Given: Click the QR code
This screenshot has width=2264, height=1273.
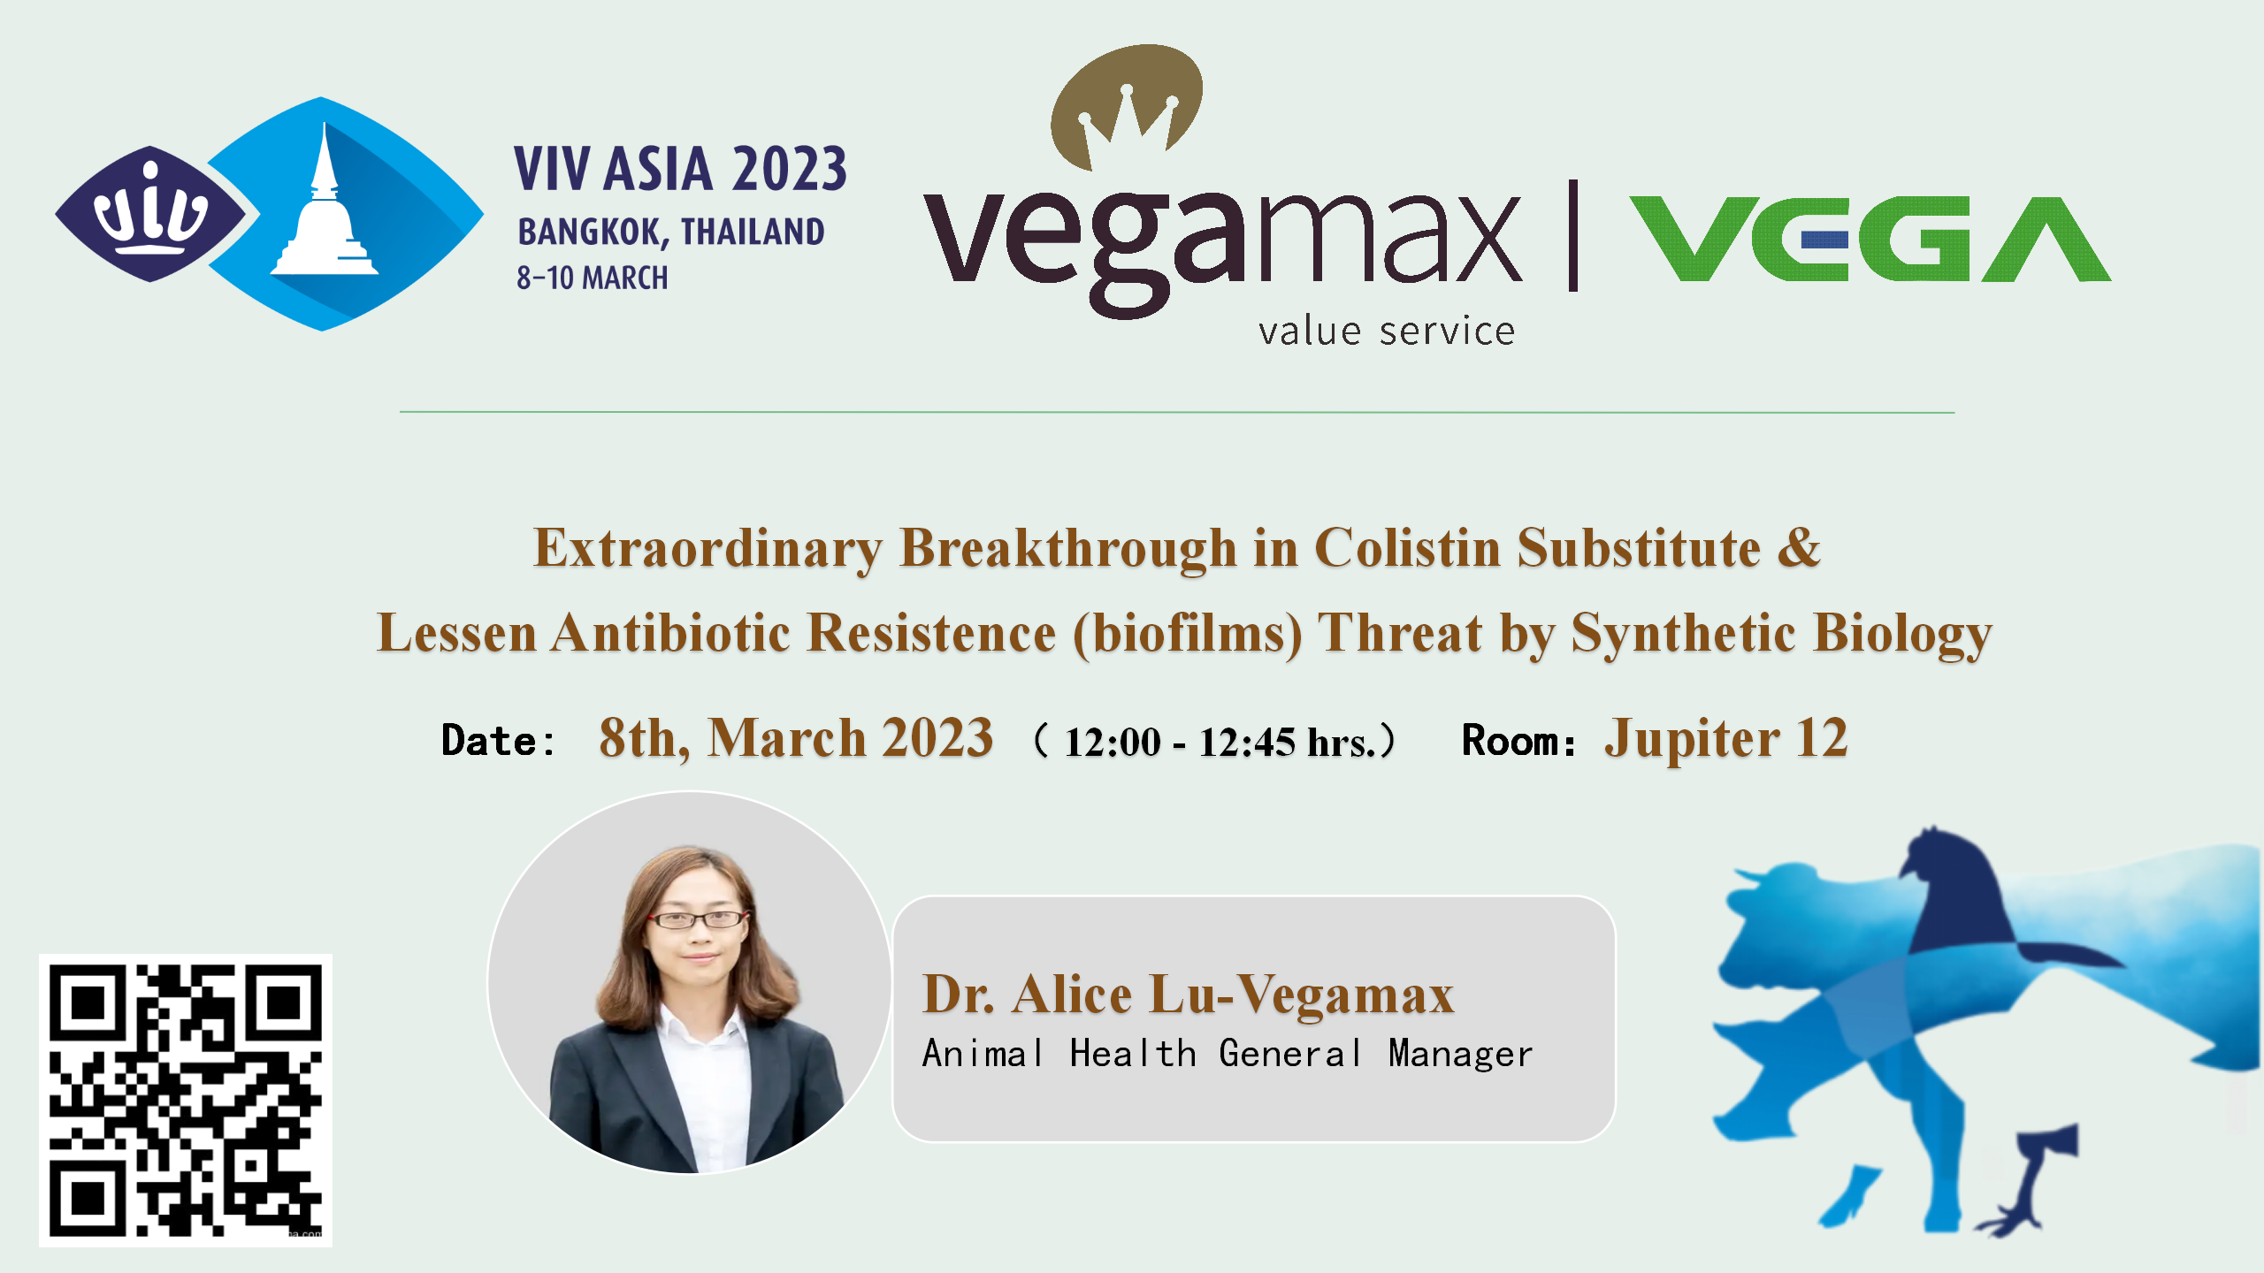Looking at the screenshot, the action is coord(186,1100).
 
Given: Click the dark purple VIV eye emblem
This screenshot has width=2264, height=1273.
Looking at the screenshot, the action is coord(151,214).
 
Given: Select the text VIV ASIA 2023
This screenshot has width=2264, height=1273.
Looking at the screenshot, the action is coord(680,168).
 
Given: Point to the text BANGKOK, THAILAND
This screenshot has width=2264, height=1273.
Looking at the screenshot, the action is coord(671,232).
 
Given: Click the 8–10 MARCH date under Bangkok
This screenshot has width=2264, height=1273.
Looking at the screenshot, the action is coord(593,278).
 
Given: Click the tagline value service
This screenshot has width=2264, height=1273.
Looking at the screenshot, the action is coord(1387,332).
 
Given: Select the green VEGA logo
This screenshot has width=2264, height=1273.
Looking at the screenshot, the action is coord(1870,239).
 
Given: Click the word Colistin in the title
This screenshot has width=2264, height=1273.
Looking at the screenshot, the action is coord(1407,548).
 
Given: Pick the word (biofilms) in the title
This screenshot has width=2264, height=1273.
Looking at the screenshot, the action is coord(1188,634).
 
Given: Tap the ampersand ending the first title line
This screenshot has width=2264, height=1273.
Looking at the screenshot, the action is coord(1799,547).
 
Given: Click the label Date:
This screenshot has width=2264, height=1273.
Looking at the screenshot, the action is coord(498,741).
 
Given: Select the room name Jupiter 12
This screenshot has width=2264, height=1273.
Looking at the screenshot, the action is coord(1726,738).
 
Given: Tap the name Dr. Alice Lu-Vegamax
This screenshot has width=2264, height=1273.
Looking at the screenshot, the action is coord(1188,994).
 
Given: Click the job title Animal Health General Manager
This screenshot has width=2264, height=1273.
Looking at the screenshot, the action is coord(1228,1054).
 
